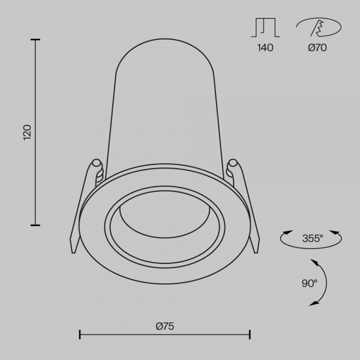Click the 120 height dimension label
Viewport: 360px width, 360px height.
26,132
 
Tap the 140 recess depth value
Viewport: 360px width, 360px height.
265,48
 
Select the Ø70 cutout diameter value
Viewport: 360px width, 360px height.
317,48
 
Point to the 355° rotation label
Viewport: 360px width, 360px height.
312,238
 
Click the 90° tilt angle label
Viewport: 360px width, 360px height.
310,283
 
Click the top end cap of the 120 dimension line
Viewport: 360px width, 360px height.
35,40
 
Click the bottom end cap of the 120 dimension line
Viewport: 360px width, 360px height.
35,225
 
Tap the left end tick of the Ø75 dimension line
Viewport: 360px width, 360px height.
80,334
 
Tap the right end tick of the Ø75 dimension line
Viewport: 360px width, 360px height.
250,334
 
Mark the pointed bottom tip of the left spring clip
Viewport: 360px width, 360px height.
74,254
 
